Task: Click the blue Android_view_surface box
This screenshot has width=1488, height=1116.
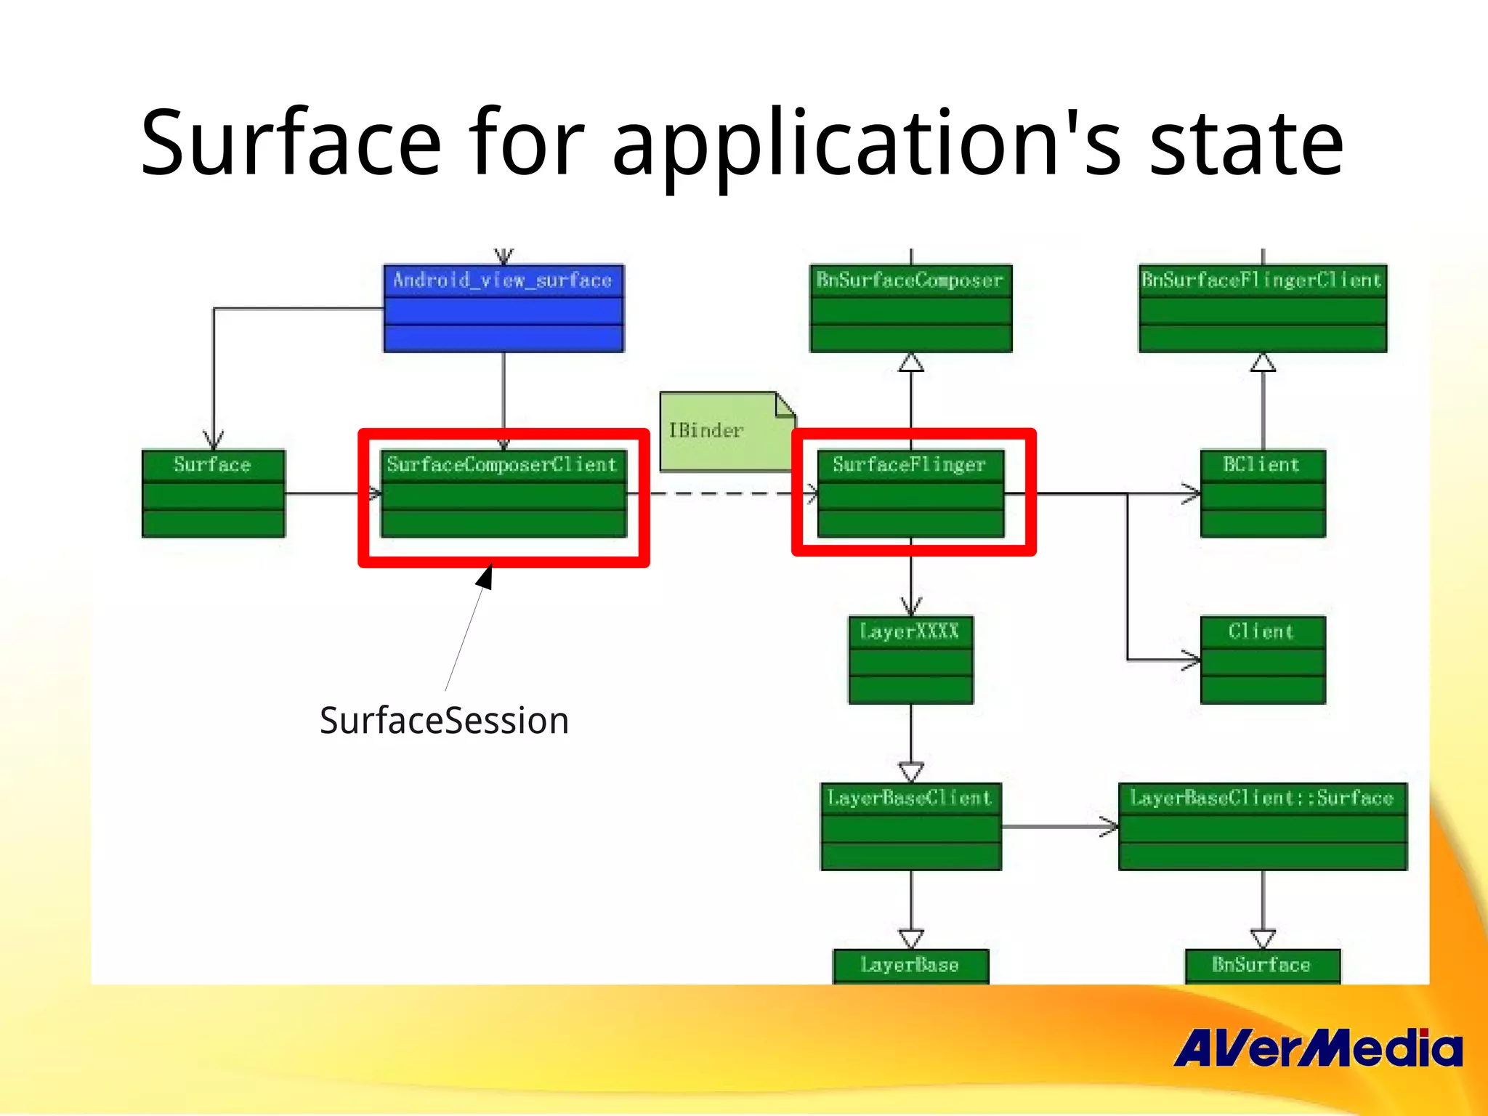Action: pyautogui.click(x=503, y=309)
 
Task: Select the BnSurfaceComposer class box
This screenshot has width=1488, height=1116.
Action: pyautogui.click(x=910, y=309)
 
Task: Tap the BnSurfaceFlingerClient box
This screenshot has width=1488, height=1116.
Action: pyautogui.click(x=1263, y=309)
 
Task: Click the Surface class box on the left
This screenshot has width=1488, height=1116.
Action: pyautogui.click(x=214, y=494)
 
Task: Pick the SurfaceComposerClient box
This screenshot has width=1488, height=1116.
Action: pyautogui.click(x=503, y=494)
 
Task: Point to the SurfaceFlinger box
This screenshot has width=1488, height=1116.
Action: pyautogui.click(x=910, y=494)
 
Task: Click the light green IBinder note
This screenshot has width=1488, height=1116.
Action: pyautogui.click(x=719, y=432)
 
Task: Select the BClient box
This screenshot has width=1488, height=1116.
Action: pyautogui.click(x=1263, y=494)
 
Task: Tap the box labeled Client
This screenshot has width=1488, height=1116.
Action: pyautogui.click(x=1263, y=660)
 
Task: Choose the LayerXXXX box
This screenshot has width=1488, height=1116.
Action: pyautogui.click(x=910, y=660)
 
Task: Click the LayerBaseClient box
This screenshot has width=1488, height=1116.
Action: pyautogui.click(x=910, y=827)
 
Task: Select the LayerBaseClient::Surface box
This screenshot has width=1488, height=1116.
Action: pyautogui.click(x=1263, y=827)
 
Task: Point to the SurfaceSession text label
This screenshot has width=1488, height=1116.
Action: pyautogui.click(x=444, y=721)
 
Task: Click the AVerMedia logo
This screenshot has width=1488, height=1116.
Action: pyautogui.click(x=1317, y=1048)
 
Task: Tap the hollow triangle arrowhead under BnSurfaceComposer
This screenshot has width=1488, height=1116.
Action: pyautogui.click(x=910, y=363)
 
